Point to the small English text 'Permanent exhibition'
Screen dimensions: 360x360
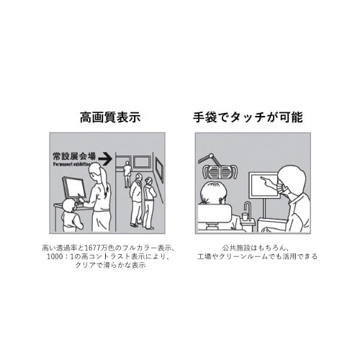73,163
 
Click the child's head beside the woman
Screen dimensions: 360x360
69,206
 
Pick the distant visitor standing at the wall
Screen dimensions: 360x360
128,173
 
